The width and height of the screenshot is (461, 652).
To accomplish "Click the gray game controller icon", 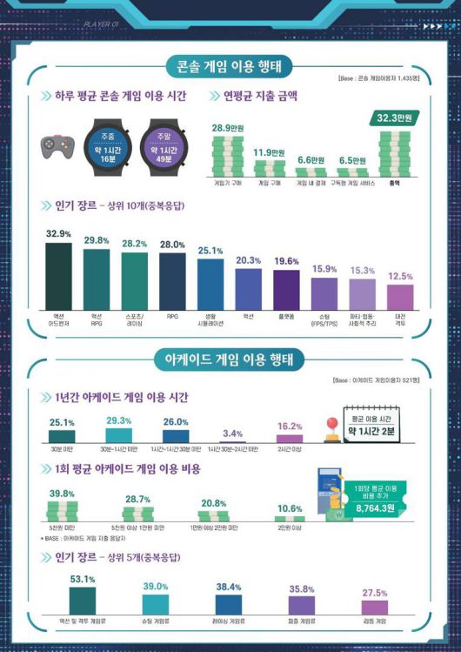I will pos(57,146).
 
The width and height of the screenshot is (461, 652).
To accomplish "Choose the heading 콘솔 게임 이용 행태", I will pos(230,65).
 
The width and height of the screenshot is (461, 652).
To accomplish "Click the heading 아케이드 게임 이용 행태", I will pos(230,359).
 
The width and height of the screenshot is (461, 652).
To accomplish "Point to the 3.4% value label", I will pos(232,433).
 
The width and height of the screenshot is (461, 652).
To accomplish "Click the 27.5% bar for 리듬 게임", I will pos(375,606).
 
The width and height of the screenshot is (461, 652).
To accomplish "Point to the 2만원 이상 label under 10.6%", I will pos(290,528).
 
